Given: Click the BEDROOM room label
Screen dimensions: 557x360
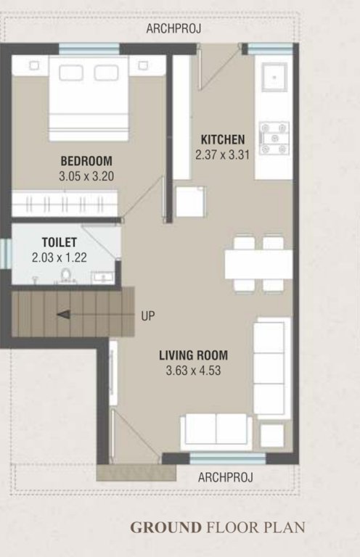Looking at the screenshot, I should pos(86,161).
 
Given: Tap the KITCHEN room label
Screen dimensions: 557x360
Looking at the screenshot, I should pos(223,140).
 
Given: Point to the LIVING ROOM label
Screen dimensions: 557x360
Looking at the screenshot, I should pos(193,356).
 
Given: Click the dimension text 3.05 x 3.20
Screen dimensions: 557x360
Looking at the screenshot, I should pos(87,176).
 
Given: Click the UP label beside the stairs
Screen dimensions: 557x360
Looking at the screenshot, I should pos(147,316).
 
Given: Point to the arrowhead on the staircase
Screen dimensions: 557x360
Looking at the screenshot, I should pos(63,315).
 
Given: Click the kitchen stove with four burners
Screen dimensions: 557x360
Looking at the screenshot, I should pos(274,137).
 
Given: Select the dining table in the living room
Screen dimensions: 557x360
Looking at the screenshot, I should pos(258,264).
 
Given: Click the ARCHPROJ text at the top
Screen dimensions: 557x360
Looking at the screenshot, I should pos(173,29).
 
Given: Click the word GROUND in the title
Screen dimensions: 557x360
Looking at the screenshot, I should pos(167,527).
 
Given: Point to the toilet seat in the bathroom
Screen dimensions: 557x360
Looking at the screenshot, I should pos(65,275).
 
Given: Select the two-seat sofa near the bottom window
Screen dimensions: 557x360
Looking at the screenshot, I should pos(216,430).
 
